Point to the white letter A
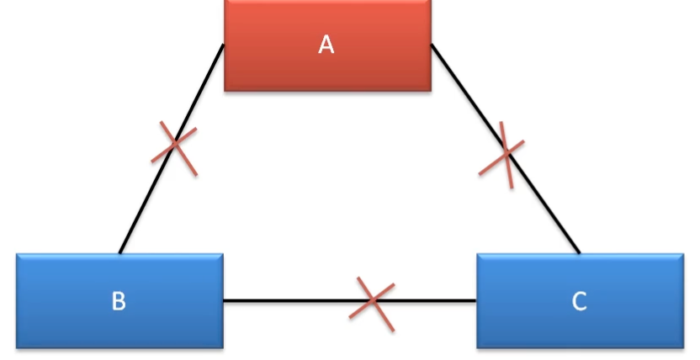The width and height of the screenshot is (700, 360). (326, 45)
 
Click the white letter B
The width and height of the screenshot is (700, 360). (119, 301)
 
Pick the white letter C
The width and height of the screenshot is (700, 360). (579, 301)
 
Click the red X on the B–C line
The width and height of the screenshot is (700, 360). (372, 300)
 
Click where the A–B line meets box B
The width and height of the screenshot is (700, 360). (120, 252)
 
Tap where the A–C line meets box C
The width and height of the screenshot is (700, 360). (579, 252)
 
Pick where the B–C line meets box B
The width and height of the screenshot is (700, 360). (224, 300)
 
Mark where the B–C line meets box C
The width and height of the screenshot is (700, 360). (477, 300)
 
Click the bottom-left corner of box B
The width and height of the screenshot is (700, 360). (18, 347)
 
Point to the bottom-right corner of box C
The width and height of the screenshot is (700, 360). (682, 347)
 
